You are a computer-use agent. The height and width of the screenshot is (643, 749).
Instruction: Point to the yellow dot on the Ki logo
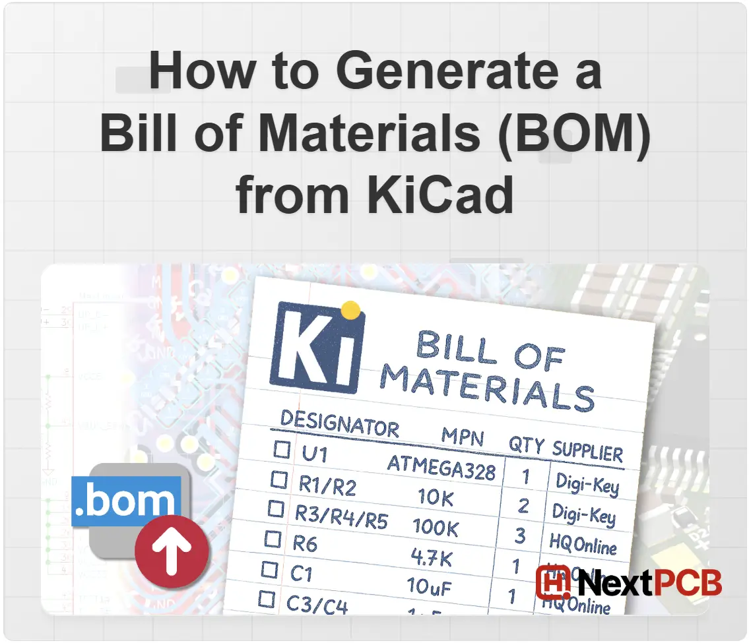[352, 309]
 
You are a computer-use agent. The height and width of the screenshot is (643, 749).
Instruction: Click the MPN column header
[463, 437]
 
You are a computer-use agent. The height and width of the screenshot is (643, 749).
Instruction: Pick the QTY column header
[526, 445]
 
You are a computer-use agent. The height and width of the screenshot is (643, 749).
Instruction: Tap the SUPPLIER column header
[587, 452]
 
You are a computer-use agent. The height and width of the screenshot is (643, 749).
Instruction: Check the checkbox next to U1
[282, 450]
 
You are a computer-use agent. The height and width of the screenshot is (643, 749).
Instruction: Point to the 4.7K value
[432, 559]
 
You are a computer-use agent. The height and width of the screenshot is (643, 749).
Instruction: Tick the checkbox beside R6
[273, 538]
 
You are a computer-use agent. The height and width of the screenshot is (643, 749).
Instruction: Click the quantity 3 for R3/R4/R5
[520, 536]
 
